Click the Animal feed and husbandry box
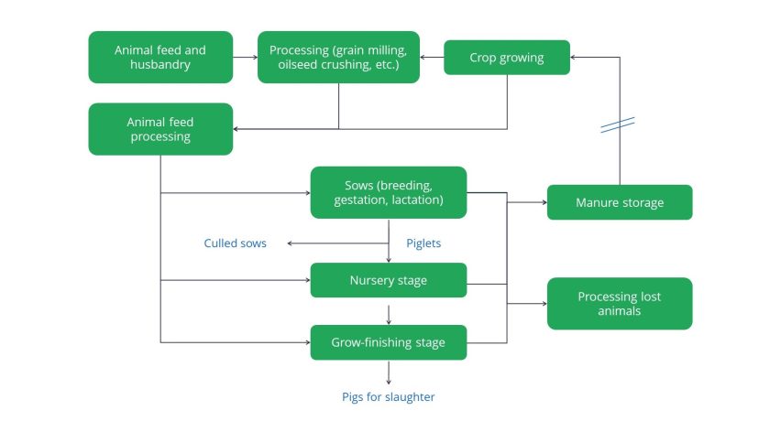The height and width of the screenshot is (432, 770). tap(160, 57)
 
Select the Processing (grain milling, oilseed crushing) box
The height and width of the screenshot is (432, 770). tap(338, 57)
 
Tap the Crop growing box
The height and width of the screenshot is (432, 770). tap(507, 58)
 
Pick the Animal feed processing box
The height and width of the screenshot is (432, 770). tap(160, 129)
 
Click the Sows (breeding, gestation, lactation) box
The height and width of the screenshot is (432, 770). tap(389, 192)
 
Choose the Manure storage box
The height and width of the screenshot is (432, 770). tap(619, 202)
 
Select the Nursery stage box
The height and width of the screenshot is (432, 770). tap(389, 280)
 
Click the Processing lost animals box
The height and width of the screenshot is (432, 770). tap(619, 304)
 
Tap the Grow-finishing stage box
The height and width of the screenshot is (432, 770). tap(389, 342)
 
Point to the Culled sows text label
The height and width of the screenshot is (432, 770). tap(235, 243)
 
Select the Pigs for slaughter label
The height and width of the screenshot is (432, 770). tap(389, 396)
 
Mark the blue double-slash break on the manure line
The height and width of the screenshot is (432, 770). tap(619, 124)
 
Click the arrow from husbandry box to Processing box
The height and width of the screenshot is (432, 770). tap(245, 57)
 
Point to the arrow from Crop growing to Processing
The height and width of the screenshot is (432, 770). tap(432, 57)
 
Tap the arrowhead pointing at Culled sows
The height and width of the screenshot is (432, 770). tap(290, 243)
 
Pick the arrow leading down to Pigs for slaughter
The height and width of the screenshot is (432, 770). tap(389, 373)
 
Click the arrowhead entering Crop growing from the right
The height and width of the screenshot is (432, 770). tap(575, 57)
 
